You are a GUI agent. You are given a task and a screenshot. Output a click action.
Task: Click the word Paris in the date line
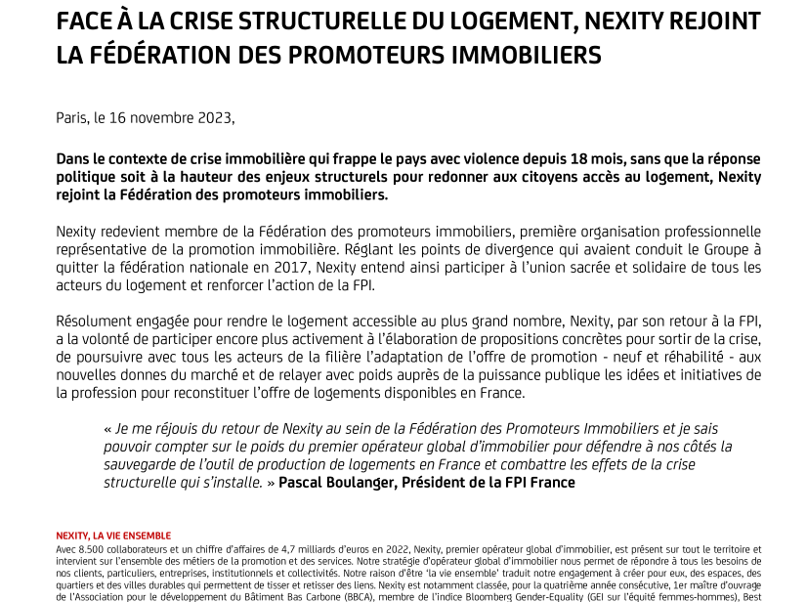[71, 118]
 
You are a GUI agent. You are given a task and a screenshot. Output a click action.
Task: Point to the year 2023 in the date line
[215, 118]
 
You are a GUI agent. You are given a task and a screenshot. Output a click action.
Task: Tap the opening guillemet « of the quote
[106, 429]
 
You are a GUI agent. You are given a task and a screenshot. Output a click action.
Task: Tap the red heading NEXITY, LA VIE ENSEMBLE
[113, 537]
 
